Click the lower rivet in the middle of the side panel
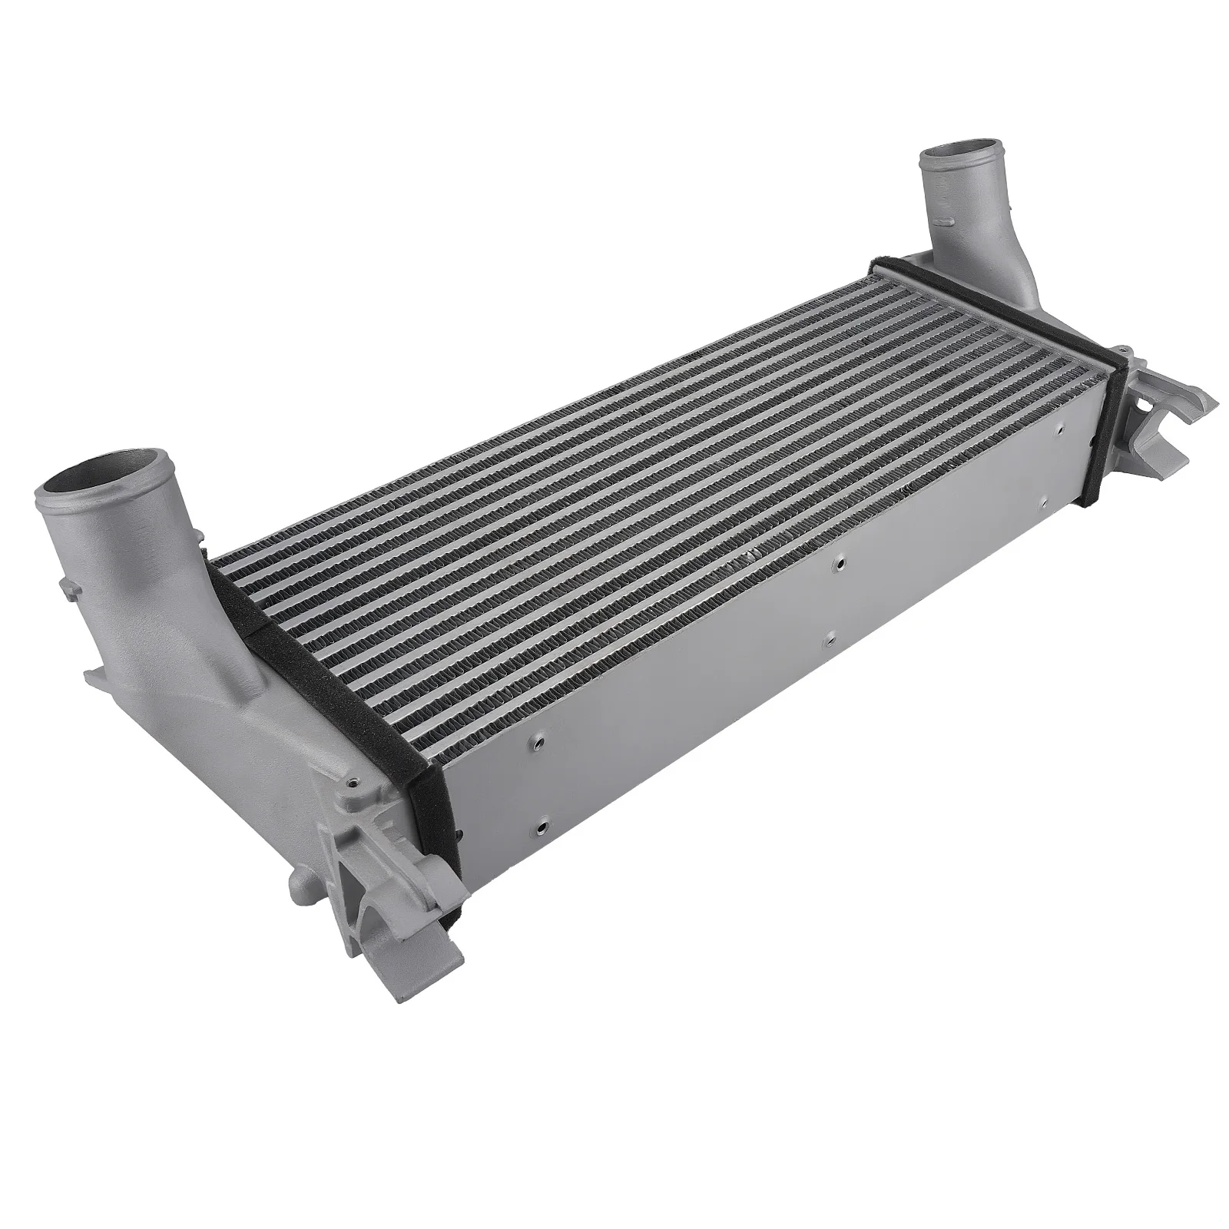point(829,637)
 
